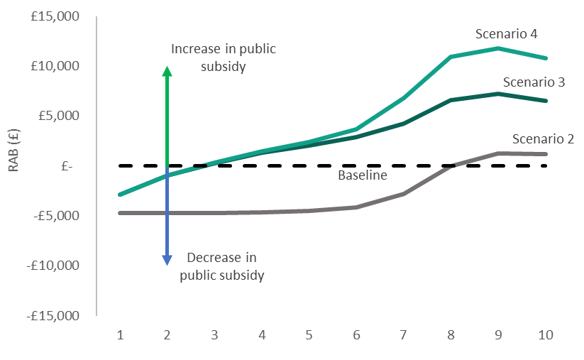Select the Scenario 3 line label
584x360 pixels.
(534, 82)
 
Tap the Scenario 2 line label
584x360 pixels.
(543, 138)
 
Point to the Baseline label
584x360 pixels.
(363, 175)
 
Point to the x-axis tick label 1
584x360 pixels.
(119, 334)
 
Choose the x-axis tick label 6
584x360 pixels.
(356, 334)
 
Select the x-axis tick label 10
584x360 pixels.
(545, 334)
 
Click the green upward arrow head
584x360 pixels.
(167, 72)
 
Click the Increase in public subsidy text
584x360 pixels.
(224, 58)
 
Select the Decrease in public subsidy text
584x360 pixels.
(222, 266)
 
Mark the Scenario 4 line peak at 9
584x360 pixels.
(499, 48)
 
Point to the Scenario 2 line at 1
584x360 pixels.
(119, 213)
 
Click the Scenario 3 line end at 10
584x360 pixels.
(546, 101)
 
